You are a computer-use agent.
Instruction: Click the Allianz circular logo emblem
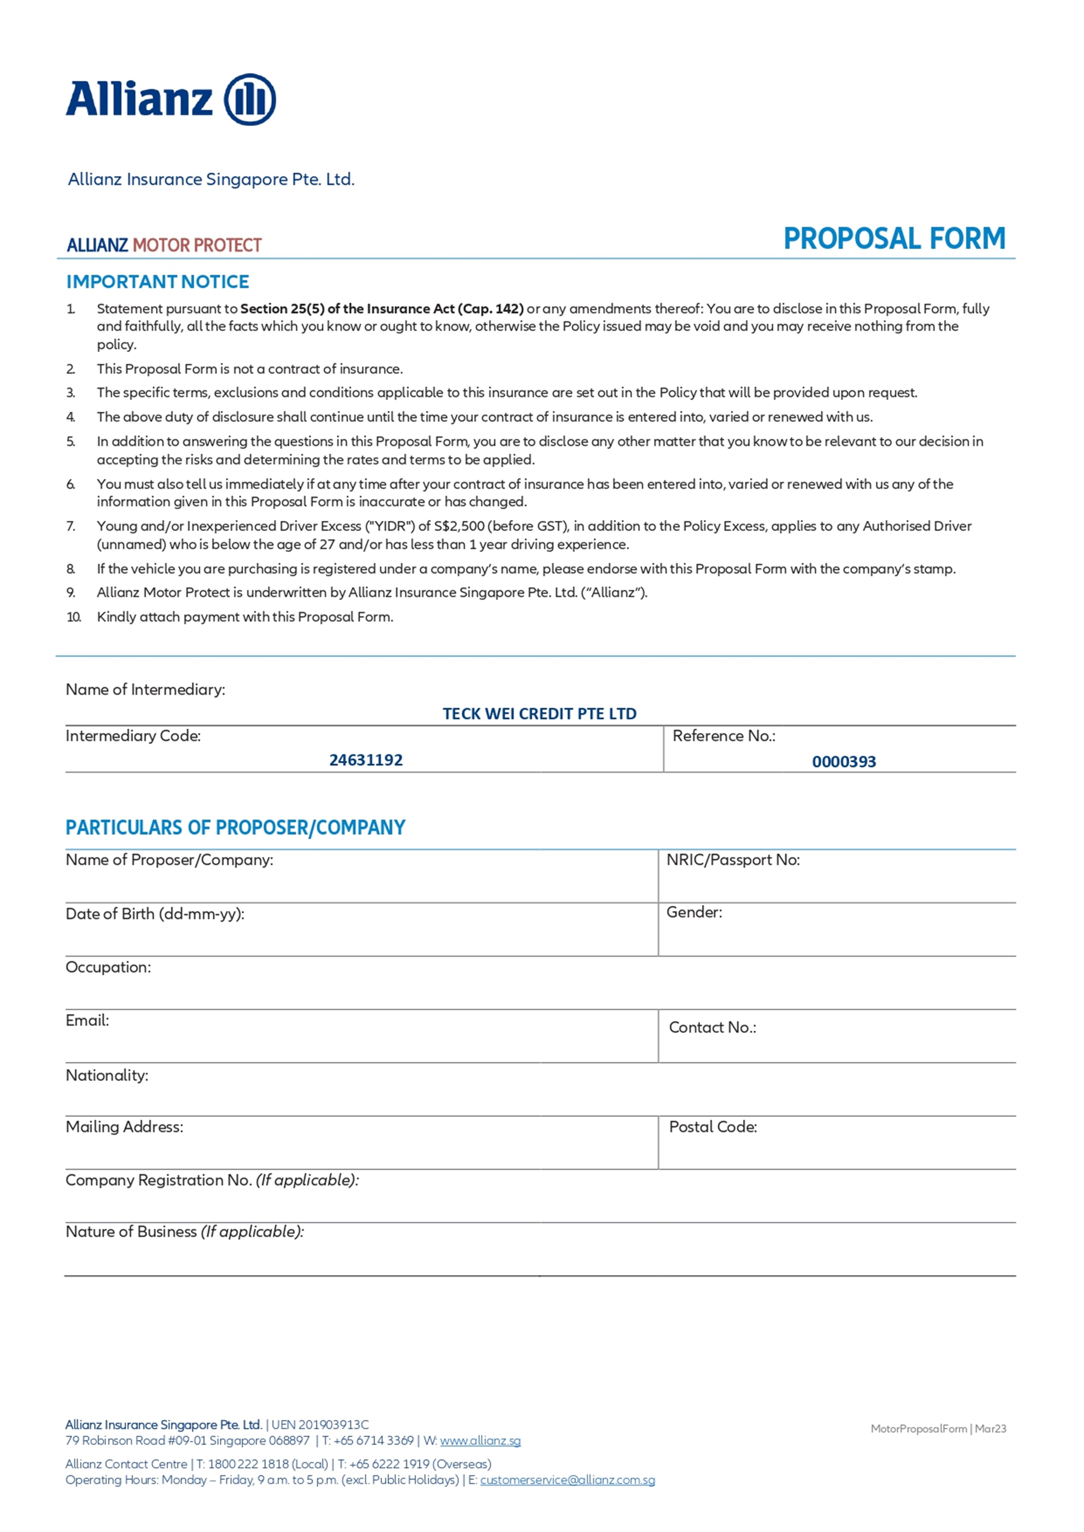point(250,99)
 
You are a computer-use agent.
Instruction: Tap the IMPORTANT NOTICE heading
point(158,282)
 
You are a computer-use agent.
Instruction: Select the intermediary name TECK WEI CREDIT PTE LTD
point(539,714)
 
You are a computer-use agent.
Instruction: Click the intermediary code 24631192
point(366,760)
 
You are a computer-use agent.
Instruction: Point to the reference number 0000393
point(844,762)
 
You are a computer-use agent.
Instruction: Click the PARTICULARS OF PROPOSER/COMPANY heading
point(235,827)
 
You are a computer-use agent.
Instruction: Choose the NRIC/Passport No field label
point(733,860)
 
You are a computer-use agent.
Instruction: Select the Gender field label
point(694,912)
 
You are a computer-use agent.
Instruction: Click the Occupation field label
point(108,967)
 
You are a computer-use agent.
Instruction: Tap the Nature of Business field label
point(184,1231)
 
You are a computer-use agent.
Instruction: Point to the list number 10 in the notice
point(74,617)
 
